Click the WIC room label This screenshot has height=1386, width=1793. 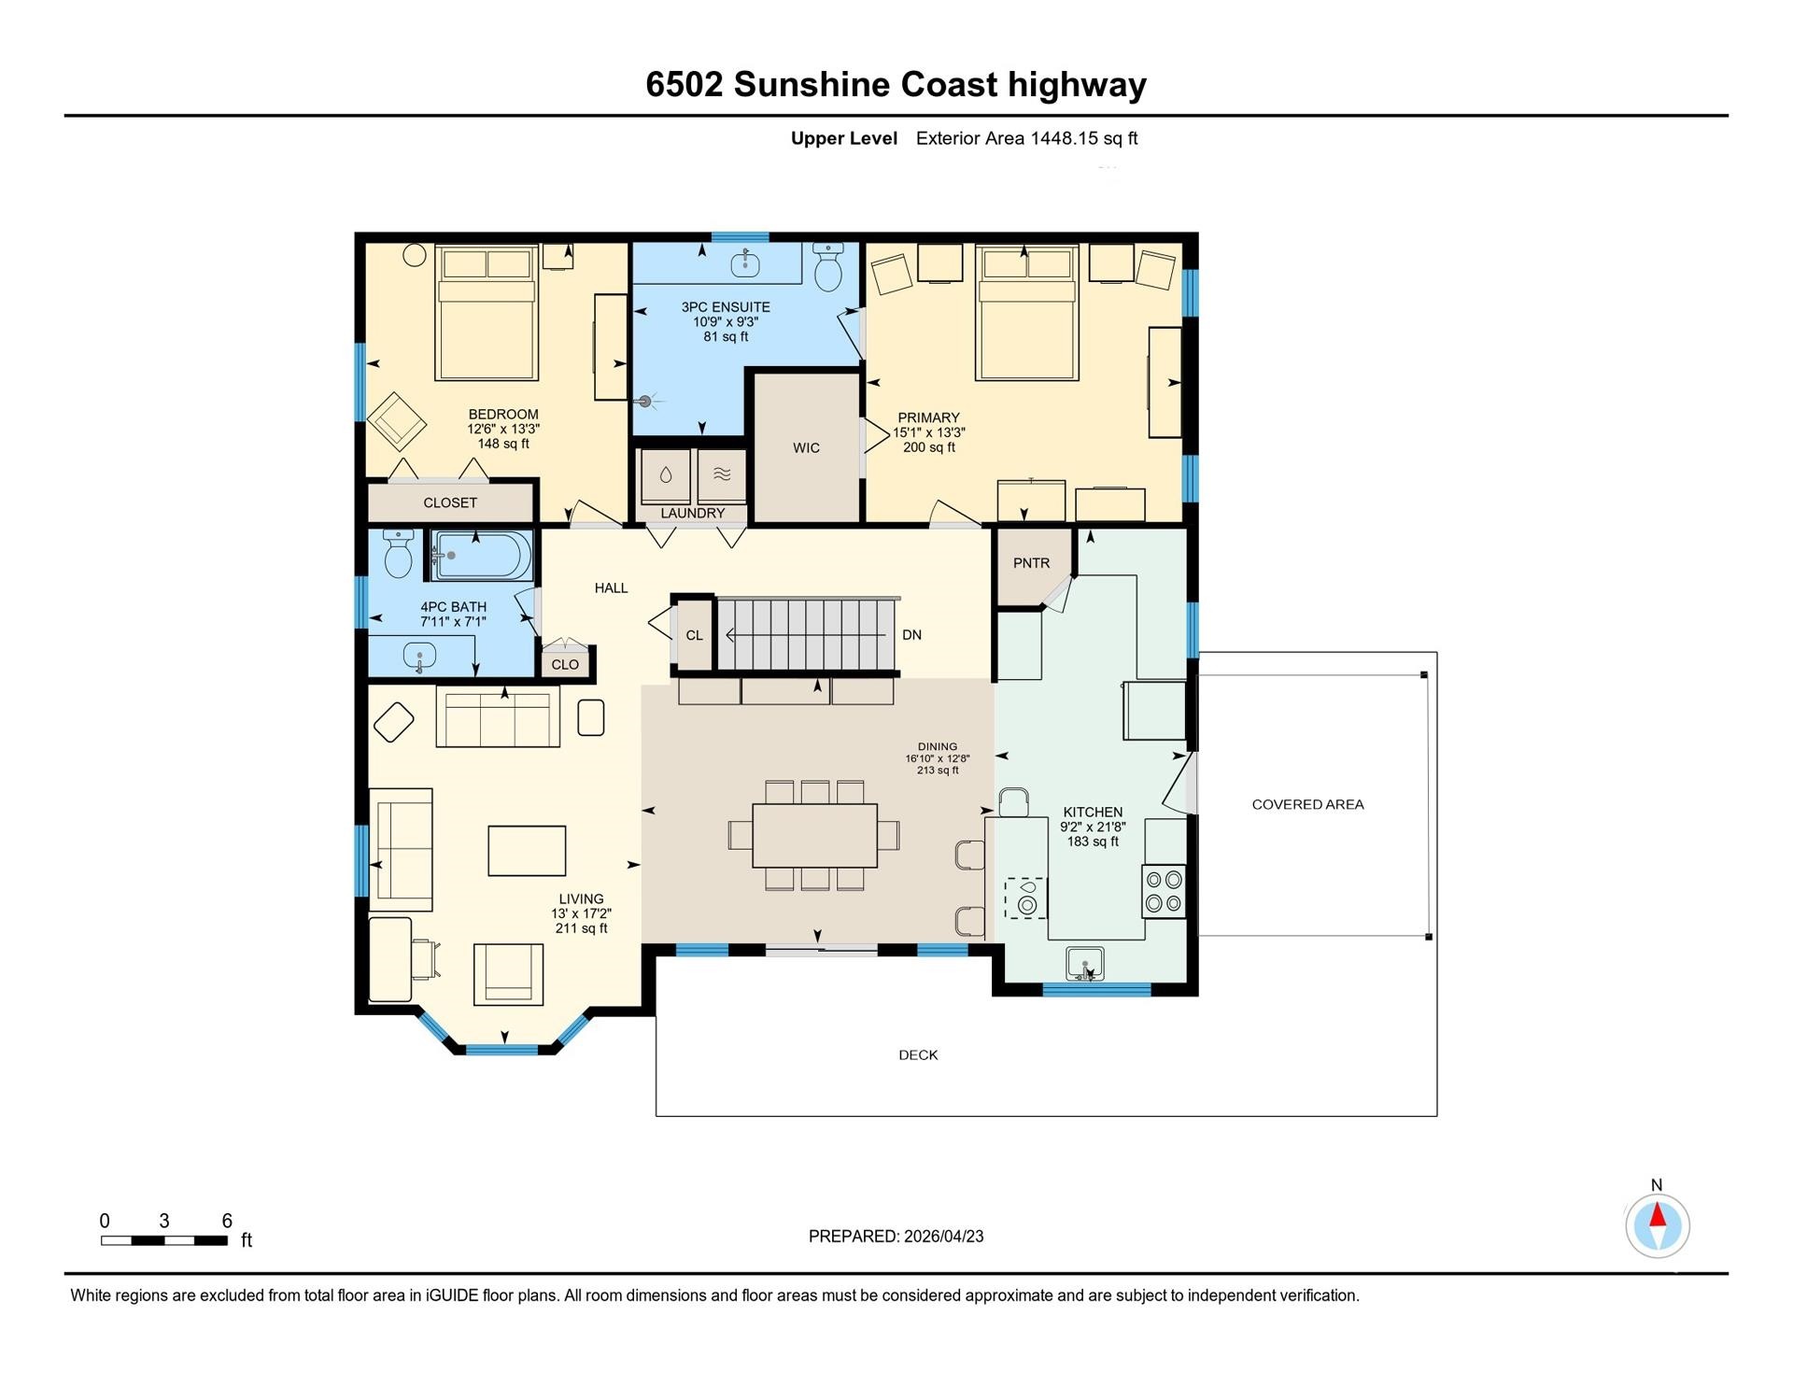(806, 448)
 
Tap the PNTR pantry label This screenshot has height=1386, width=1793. (1031, 563)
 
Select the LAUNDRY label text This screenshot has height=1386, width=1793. (692, 514)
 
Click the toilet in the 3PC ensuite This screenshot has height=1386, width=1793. (828, 267)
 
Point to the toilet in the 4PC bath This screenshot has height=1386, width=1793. (399, 554)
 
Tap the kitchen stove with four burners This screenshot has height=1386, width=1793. (1164, 891)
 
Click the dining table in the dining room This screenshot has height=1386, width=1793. (814, 835)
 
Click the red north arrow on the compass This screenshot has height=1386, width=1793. (1658, 1214)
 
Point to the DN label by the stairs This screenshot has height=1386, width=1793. (911, 635)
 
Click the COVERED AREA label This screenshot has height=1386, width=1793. (1307, 804)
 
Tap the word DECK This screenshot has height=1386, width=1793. (918, 1055)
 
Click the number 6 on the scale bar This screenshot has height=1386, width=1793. (227, 1221)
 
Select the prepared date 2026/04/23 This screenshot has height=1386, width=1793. (943, 1237)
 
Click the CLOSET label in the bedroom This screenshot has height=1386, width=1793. (450, 502)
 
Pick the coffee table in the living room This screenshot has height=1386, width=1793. (527, 851)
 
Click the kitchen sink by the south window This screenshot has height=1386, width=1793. (1085, 964)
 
